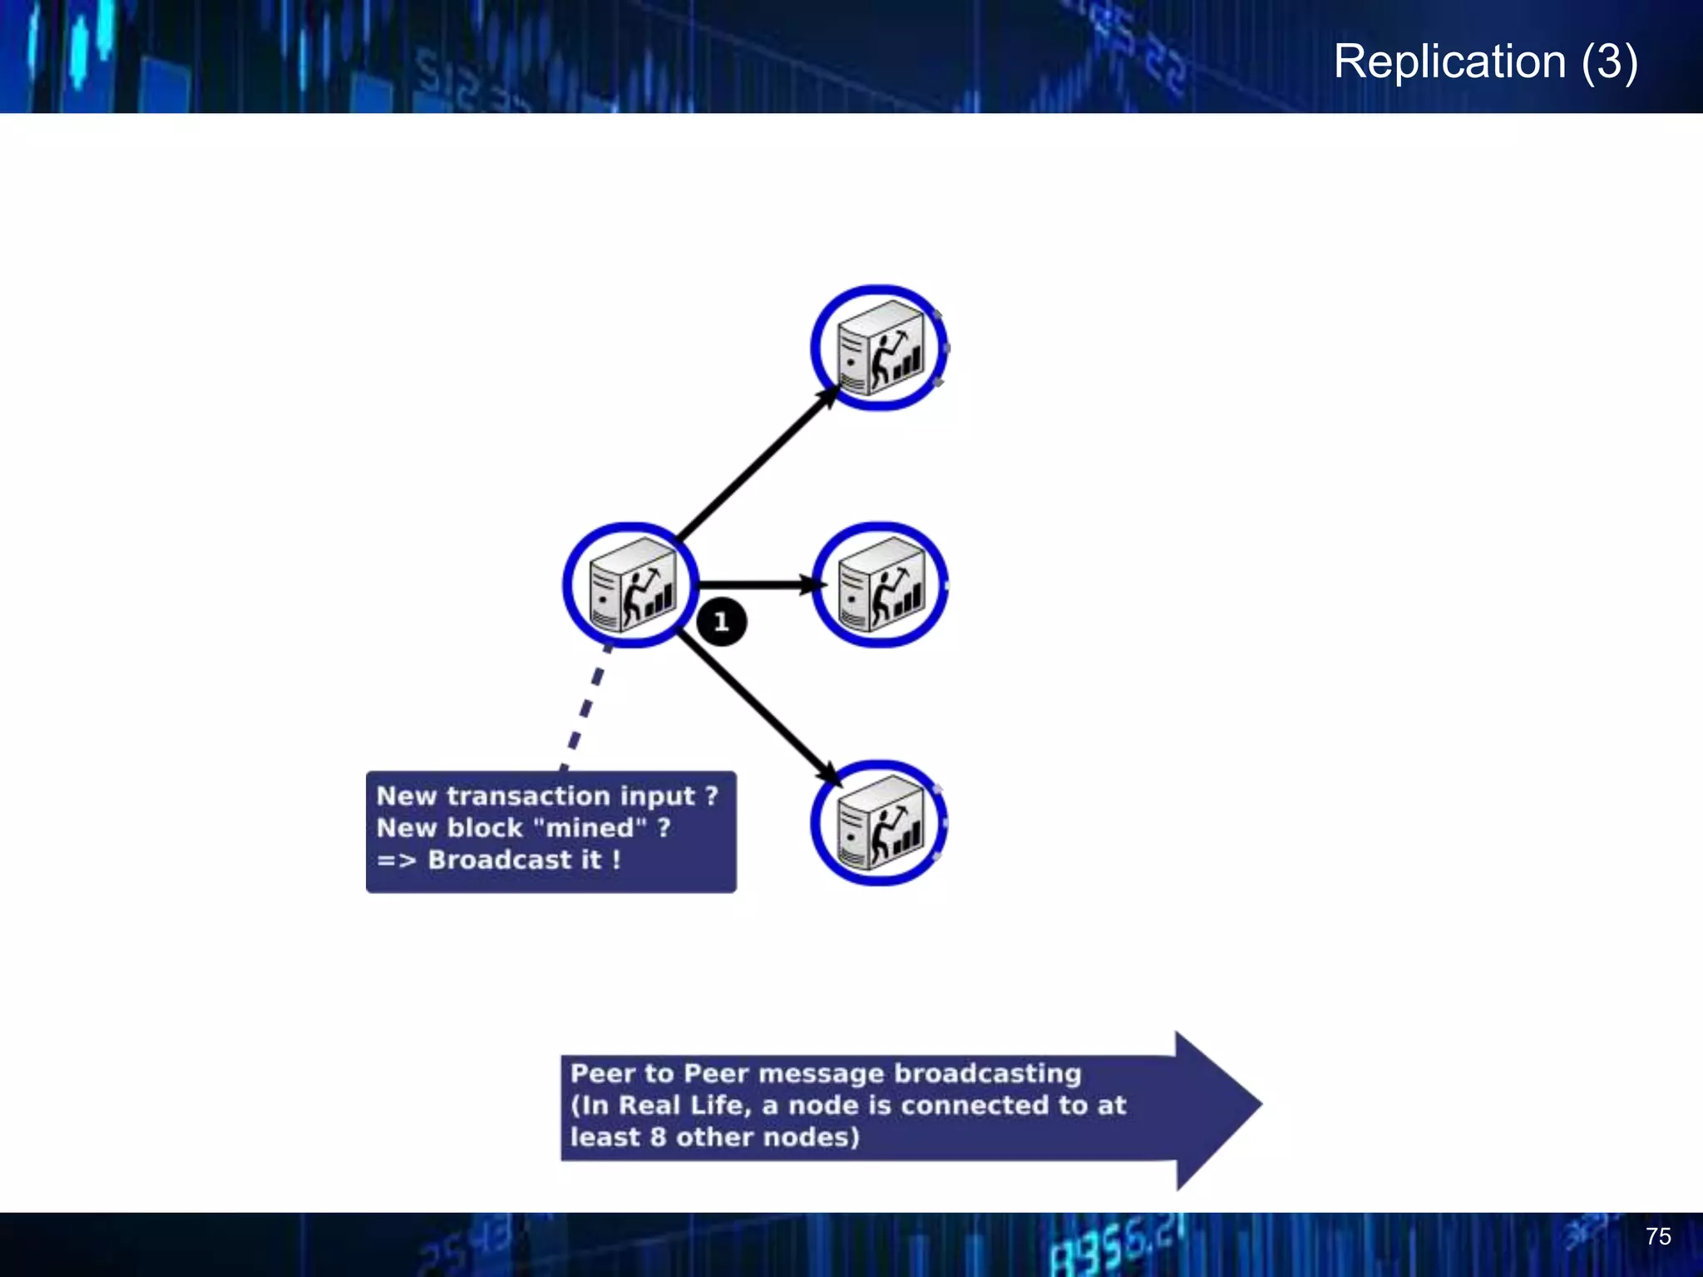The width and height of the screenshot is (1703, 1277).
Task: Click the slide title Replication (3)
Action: [x=1485, y=62]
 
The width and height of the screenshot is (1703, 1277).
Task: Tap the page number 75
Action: [x=1657, y=1236]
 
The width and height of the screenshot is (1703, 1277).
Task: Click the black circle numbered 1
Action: [x=721, y=622]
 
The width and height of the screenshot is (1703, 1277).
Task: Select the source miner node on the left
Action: [x=631, y=584]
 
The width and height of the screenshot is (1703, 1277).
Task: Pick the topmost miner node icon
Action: [x=880, y=348]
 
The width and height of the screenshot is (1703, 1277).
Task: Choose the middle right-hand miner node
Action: [x=880, y=584]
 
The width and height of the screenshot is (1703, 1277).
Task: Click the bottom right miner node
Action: [x=880, y=822]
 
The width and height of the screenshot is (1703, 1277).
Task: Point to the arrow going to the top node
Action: [x=757, y=466]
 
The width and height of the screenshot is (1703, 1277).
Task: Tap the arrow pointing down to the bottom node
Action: [x=757, y=707]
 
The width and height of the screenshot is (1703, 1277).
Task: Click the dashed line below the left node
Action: [x=587, y=707]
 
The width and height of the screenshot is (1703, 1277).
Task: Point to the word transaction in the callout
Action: [x=528, y=796]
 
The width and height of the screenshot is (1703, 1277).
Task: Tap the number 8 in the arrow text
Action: [x=658, y=1137]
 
